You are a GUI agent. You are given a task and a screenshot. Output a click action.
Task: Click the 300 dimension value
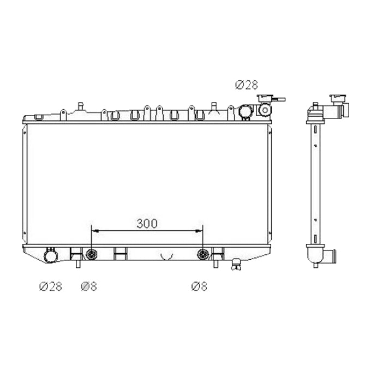(x=147, y=223)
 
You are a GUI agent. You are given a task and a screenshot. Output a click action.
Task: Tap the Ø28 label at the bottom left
(x=50, y=286)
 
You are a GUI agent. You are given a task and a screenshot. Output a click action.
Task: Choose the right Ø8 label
(x=199, y=286)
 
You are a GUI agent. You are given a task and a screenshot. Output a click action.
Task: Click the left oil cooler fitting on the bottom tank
(x=92, y=254)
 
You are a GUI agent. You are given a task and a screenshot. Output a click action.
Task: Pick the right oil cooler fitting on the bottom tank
(x=204, y=254)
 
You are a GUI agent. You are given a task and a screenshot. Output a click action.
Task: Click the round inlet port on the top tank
(x=245, y=111)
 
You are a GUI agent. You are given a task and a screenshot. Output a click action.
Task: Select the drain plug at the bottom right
(x=236, y=264)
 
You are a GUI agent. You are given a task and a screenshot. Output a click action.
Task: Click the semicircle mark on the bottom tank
(x=166, y=255)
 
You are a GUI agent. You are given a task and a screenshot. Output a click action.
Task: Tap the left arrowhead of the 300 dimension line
(x=94, y=231)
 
